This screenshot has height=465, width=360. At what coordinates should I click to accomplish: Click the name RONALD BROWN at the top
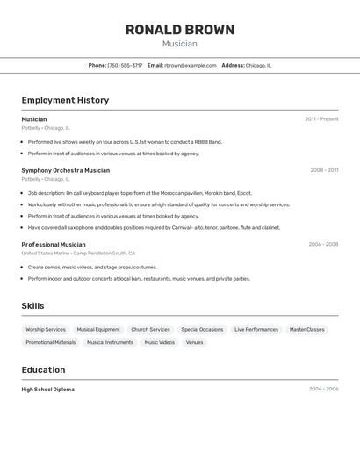pyautogui.click(x=180, y=30)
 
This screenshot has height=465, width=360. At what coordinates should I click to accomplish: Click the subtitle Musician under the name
pyautogui.click(x=180, y=44)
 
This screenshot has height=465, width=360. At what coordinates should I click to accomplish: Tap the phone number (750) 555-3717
pyautogui.click(x=125, y=65)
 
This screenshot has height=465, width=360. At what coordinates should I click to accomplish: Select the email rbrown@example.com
pyautogui.click(x=190, y=65)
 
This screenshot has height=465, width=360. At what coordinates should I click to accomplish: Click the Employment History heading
pyautogui.click(x=65, y=100)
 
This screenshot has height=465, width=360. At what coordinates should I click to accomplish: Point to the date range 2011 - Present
pyautogui.click(x=321, y=119)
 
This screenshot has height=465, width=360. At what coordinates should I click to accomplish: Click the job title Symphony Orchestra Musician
pyautogui.click(x=66, y=170)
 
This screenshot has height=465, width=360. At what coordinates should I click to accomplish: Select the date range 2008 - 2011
pyautogui.click(x=324, y=170)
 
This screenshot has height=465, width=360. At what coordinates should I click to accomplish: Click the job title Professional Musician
pyautogui.click(x=54, y=245)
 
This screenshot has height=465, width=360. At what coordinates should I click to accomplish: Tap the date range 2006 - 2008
pyautogui.click(x=323, y=245)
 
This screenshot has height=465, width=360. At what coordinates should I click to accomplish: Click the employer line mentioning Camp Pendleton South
pyautogui.click(x=78, y=253)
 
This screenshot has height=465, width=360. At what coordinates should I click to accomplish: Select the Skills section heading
pyautogui.click(x=32, y=306)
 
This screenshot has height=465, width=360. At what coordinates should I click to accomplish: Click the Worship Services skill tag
pyautogui.click(x=46, y=330)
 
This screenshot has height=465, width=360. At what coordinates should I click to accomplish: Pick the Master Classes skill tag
pyautogui.click(x=306, y=330)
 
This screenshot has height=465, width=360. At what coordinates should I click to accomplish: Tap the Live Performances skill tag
pyautogui.click(x=256, y=330)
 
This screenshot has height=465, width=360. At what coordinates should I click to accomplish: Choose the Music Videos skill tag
pyautogui.click(x=159, y=343)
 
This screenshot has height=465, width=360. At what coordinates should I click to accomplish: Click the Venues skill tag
pyautogui.click(x=194, y=343)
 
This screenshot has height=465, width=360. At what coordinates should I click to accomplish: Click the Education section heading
pyautogui.click(x=47, y=370)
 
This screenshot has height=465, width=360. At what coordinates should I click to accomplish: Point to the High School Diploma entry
pyautogui.click(x=48, y=390)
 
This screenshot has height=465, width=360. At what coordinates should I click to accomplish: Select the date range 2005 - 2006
pyautogui.click(x=323, y=390)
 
